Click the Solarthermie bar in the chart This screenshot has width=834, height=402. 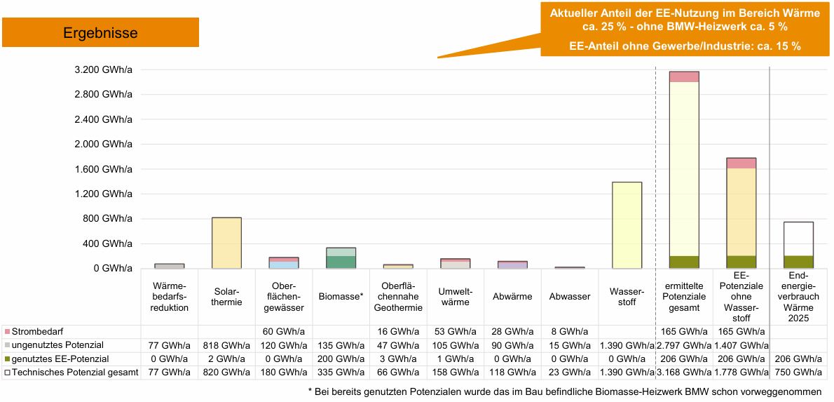click(x=226, y=243)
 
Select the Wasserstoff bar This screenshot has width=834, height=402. click(x=627, y=225)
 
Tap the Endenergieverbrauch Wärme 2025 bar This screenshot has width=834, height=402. click(x=798, y=245)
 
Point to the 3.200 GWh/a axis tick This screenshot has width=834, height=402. click(x=103, y=70)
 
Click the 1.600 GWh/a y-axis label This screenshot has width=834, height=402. click(x=103, y=169)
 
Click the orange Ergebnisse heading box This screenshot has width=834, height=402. click(x=101, y=32)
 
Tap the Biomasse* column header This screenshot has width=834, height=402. click(x=341, y=296)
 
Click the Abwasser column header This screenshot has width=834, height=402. click(x=569, y=296)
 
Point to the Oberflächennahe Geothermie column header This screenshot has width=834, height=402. click(x=398, y=296)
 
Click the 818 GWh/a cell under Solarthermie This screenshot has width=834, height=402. click(x=226, y=344)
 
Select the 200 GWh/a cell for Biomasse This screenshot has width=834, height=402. click(x=341, y=359)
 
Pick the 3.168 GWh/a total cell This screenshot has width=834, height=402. click(x=683, y=372)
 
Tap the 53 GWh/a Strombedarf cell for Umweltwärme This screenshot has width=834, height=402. click(x=455, y=330)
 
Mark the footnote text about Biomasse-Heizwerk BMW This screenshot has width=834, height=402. click(x=564, y=391)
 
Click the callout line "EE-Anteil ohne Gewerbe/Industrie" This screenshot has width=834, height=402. click(x=685, y=46)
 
